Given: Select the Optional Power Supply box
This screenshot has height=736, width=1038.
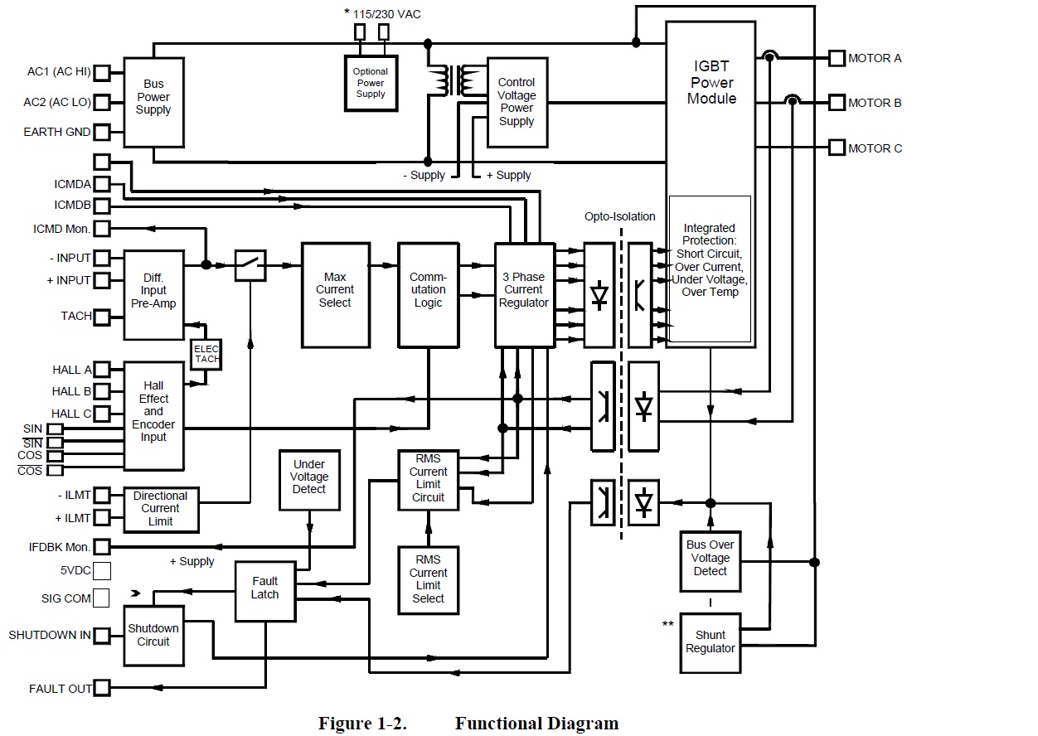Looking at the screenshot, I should click(x=371, y=83).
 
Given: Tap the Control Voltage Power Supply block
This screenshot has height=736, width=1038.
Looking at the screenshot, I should click(x=517, y=102).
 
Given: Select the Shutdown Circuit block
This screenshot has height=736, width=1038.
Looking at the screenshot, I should click(x=153, y=635).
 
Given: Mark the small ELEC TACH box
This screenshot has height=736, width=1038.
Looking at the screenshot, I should click(x=206, y=354).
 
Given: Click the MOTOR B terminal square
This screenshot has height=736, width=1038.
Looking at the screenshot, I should click(x=836, y=103).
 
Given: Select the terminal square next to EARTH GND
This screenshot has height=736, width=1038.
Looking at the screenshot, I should click(x=102, y=132).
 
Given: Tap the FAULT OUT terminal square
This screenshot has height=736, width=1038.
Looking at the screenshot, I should click(x=102, y=688).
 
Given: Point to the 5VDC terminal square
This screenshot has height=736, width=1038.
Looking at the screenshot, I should click(x=102, y=570).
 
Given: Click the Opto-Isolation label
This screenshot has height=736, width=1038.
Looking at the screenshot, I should click(x=619, y=216).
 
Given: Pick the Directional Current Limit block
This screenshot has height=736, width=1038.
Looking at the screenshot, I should click(x=160, y=508).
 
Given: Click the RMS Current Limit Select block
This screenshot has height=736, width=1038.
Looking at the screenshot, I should click(x=428, y=579).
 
